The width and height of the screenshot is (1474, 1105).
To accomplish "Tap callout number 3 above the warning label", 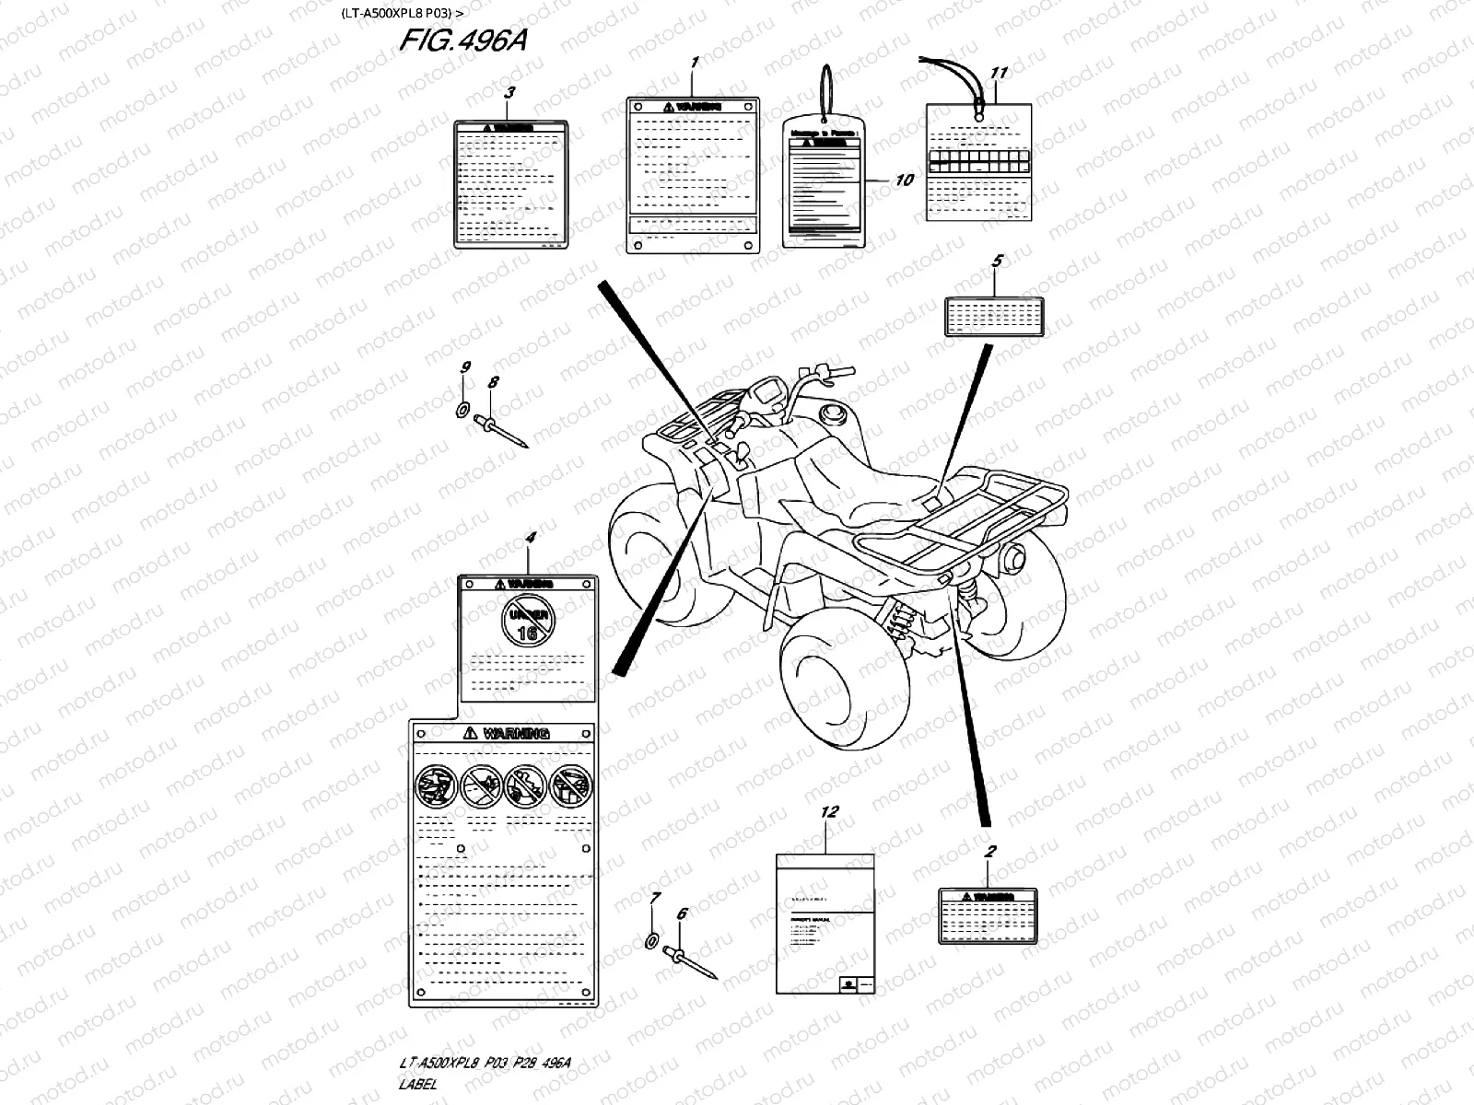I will click(510, 92).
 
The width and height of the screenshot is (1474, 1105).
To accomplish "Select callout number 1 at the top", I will click(695, 62).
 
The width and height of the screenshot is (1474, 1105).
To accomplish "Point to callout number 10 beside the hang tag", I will click(905, 180).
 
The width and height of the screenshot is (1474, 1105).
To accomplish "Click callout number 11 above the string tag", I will click(999, 73).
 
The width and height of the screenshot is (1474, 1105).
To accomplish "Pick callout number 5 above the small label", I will click(997, 262).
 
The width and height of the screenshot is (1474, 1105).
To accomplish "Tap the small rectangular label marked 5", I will click(994, 316).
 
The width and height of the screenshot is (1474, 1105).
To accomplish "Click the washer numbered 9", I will click(463, 409).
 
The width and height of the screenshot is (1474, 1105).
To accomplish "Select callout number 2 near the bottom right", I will click(989, 852).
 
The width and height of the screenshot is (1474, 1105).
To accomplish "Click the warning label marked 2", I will click(988, 915).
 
